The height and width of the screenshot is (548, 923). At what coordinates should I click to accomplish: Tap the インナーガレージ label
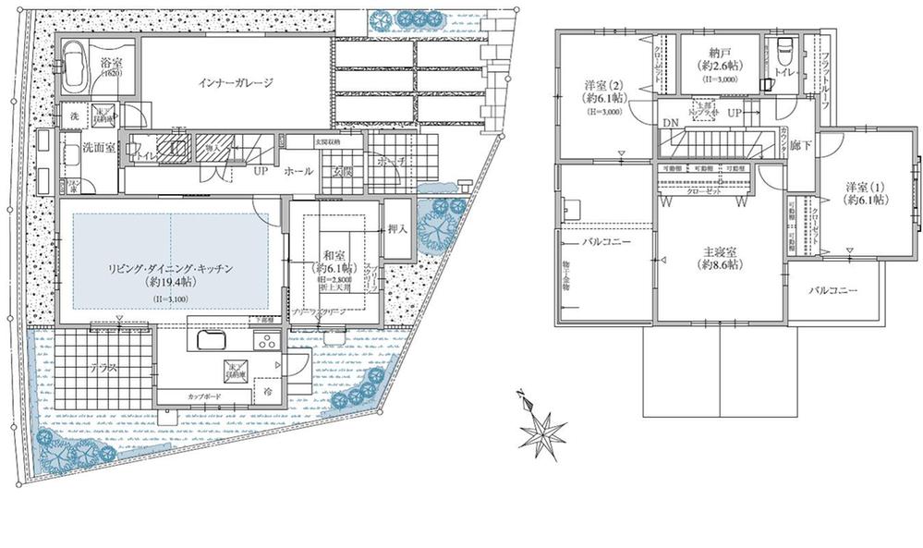[236, 83]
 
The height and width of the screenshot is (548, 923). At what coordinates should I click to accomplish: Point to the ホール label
[298, 171]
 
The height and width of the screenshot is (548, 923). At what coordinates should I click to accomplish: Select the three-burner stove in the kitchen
[265, 342]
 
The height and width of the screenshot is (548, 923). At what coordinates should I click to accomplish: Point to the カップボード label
[203, 396]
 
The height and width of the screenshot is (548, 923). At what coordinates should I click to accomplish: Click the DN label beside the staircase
[667, 123]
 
